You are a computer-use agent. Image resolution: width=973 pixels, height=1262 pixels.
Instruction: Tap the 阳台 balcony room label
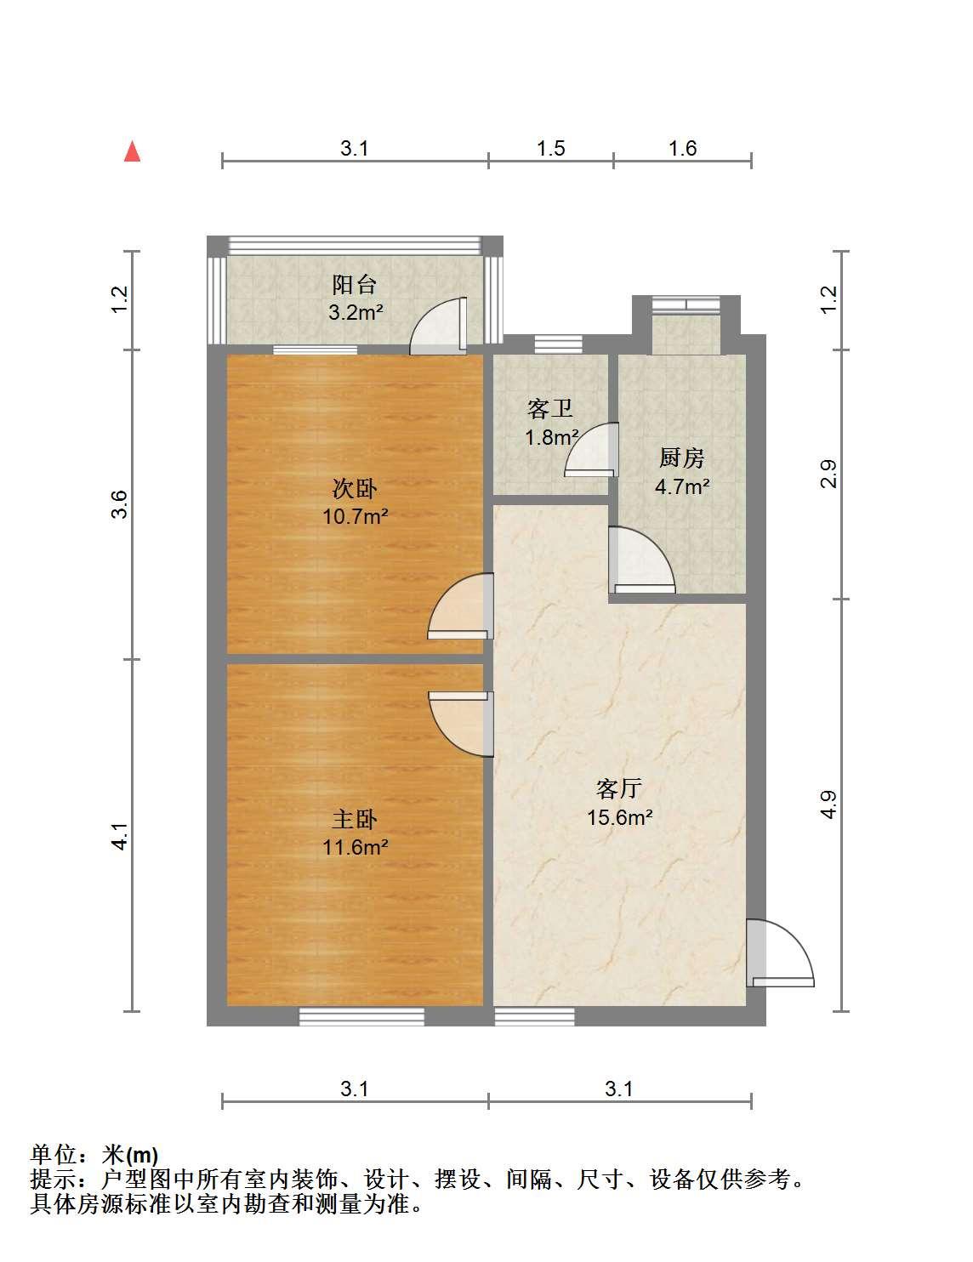pyautogui.click(x=354, y=285)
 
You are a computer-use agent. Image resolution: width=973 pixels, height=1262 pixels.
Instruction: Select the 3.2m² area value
pyautogui.click(x=356, y=313)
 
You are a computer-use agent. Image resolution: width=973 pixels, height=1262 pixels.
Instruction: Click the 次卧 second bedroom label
pyautogui.click(x=354, y=488)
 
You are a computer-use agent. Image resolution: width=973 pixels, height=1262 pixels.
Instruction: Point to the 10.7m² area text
pyautogui.click(x=356, y=516)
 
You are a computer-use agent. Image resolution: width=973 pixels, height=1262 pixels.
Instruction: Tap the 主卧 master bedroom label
pyautogui.click(x=354, y=820)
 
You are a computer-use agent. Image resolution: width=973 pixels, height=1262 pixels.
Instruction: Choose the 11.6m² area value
pyautogui.click(x=356, y=848)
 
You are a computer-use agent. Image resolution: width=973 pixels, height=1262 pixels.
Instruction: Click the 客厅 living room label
pyautogui.click(x=619, y=788)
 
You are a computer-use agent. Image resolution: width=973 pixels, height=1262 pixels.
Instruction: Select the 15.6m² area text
pyautogui.click(x=620, y=817)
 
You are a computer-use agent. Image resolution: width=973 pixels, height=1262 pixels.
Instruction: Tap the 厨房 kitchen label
pyautogui.click(x=681, y=458)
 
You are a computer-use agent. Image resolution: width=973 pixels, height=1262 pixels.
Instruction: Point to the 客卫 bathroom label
pyautogui.click(x=549, y=409)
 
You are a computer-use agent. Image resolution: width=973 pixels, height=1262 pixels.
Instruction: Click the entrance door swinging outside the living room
pyautogui.click(x=780, y=953)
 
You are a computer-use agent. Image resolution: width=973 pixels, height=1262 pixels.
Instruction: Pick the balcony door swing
pyautogui.click(x=438, y=326)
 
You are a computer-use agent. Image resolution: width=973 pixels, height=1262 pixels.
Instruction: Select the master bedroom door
pyautogui.click(x=461, y=724)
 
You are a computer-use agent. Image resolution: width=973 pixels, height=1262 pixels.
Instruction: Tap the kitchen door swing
pyautogui.click(x=642, y=560)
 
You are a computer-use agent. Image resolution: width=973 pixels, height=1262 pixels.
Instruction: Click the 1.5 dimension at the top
pyautogui.click(x=550, y=149)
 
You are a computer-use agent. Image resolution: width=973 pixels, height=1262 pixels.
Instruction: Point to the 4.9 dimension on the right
pyautogui.click(x=828, y=804)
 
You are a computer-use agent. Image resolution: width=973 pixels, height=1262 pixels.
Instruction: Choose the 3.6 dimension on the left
pyautogui.click(x=119, y=504)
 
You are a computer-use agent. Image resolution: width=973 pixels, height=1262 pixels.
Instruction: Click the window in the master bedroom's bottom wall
pyautogui.click(x=361, y=1017)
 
